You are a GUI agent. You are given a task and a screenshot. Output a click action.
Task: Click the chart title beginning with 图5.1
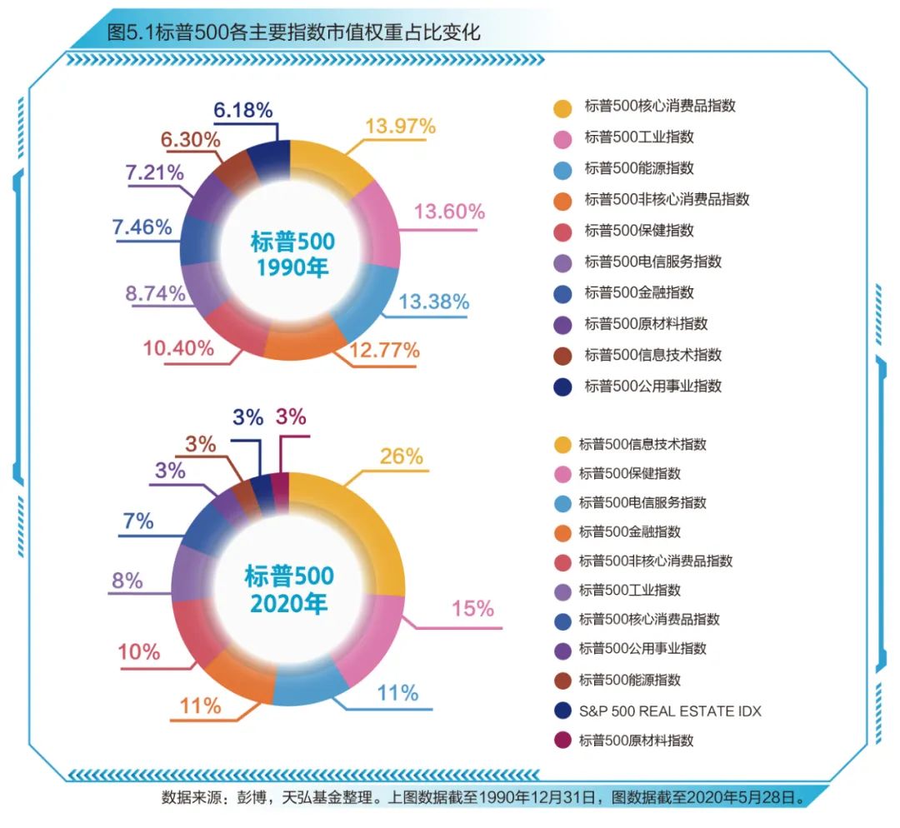coord(293,32)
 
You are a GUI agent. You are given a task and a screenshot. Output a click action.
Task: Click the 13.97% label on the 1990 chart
coord(400,127)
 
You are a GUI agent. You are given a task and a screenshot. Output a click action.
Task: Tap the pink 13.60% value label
coord(449,212)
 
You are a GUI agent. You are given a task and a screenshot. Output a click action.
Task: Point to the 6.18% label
coord(242,110)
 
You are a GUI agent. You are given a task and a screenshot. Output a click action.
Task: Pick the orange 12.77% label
coord(384,351)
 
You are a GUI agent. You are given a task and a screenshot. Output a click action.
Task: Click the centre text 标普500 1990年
coord(291,254)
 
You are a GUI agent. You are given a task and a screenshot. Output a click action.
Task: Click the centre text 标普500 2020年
coord(288,588)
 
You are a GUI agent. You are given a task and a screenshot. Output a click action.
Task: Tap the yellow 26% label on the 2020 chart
coord(401,456)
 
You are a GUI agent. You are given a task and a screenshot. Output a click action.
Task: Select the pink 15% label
coord(472,609)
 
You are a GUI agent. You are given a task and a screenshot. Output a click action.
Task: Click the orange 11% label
coord(200,706)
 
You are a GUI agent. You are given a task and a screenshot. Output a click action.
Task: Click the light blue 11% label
coord(397,693)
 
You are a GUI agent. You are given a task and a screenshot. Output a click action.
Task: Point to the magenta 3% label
coord(291,417)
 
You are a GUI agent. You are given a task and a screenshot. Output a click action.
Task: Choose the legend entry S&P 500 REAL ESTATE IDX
coord(670,711)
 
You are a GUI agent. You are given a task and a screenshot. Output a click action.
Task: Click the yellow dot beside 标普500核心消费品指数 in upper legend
coord(562,108)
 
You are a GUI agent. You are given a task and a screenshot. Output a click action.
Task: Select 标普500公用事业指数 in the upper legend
coord(652,386)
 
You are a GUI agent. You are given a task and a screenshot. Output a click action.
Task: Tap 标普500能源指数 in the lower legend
coord(630,680)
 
